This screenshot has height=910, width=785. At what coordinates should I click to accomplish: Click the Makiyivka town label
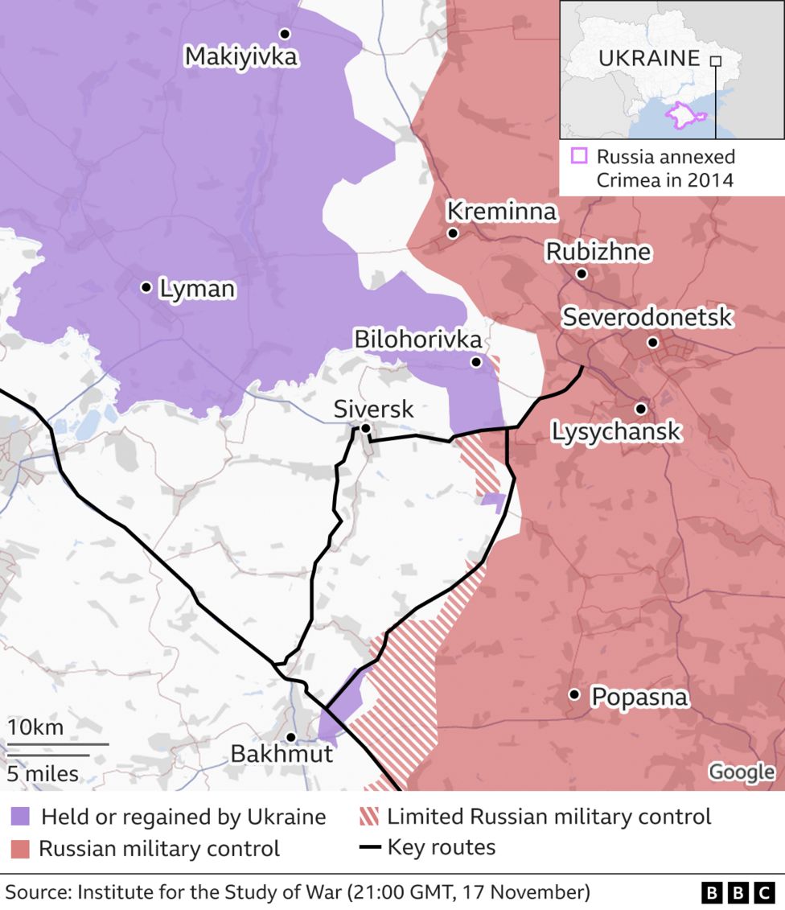point(240,56)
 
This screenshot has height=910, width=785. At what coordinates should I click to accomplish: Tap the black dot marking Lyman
point(146,287)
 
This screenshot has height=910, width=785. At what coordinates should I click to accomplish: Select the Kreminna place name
point(501,212)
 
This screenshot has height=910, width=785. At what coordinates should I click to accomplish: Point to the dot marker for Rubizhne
point(582,274)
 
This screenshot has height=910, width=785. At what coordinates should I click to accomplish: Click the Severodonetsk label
point(647,317)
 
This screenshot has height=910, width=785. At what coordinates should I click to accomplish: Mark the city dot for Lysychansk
point(640,409)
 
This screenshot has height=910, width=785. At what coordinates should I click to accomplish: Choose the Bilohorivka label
point(418,340)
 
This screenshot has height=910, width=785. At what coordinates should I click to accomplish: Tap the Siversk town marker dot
point(365,428)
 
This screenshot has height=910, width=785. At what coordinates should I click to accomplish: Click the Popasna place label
point(639,697)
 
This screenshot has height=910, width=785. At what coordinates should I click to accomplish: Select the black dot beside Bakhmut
point(290,737)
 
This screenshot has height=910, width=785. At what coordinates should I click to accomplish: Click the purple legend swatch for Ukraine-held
point(20,817)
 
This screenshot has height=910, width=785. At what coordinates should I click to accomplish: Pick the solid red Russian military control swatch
point(20,849)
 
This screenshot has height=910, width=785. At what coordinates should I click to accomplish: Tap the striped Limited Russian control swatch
point(368,817)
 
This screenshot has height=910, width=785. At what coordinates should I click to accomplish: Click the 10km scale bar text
point(35,727)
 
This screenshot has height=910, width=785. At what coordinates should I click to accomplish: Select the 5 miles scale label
point(43,774)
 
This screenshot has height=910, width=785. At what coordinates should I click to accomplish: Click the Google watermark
point(741,772)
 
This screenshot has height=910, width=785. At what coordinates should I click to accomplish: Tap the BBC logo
point(737,892)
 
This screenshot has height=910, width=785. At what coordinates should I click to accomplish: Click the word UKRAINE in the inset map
point(649,58)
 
